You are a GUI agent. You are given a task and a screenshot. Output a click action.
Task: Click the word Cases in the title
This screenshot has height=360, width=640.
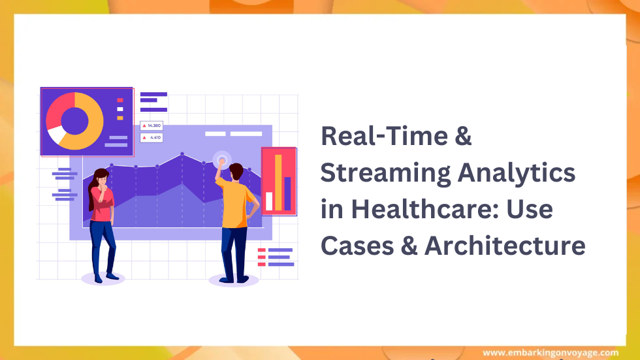point(355,246)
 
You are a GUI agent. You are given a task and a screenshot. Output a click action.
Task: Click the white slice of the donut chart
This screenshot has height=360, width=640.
point(56,135)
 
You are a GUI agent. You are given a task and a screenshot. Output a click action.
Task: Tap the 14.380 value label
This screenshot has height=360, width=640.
point(152,125)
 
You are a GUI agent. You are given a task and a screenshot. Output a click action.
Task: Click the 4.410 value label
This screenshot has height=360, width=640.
point(153,138)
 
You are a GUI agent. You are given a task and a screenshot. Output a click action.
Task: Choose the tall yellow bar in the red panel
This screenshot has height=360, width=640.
point(278,182)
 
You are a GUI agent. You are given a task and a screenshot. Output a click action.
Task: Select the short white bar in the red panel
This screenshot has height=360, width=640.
point(268,201)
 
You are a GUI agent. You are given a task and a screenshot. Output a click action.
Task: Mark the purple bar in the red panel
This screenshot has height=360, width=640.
point(287,193)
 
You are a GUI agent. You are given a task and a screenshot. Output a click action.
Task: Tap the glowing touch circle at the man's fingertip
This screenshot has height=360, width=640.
point(222,159)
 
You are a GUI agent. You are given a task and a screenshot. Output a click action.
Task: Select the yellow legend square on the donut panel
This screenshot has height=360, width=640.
point(120,118)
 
